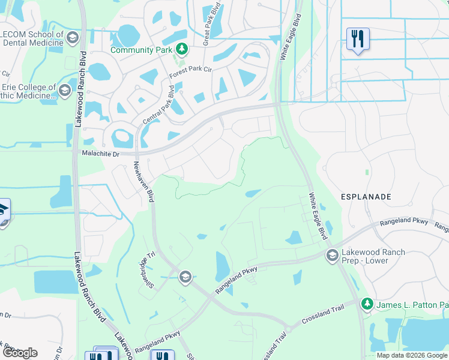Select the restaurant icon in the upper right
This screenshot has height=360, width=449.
[358, 39]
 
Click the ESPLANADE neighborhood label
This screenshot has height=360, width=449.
[367, 197]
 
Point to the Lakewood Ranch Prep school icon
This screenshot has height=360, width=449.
[331, 256]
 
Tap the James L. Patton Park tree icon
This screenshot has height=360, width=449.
[367, 305]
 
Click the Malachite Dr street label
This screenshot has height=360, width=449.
[100, 154]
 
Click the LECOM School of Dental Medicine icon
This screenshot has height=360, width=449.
[73, 38]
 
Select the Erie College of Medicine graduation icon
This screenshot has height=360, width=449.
[64, 91]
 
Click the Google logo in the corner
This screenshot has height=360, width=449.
[19, 353]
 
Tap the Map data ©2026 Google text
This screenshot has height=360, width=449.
[412, 355]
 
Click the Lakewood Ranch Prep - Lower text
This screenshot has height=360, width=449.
[373, 257]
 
